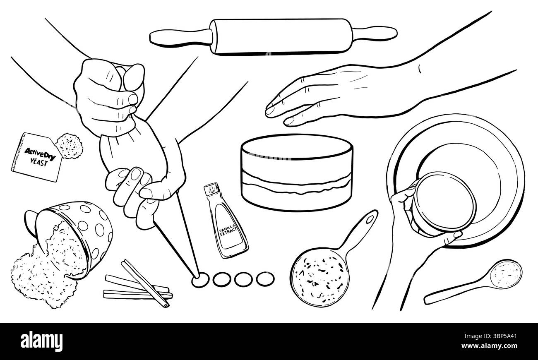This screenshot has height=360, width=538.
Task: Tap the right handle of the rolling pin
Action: (x=375, y=33)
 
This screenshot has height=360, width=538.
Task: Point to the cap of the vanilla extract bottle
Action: (x=211, y=190)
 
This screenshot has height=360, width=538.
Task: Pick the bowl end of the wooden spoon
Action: (x=505, y=273)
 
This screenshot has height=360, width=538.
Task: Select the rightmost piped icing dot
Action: (x=264, y=278)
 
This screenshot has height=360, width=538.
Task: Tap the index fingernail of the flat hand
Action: (x=270, y=110)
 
